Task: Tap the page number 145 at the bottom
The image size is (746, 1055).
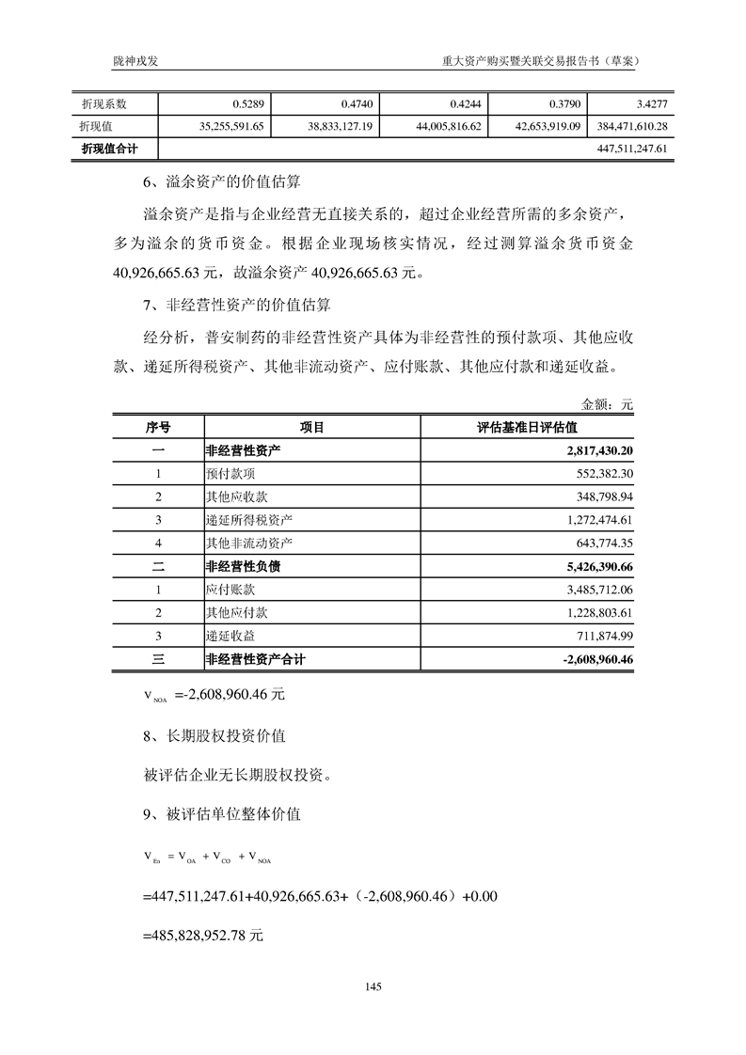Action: [x=373, y=986]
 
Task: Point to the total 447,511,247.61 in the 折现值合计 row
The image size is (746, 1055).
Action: [x=632, y=149]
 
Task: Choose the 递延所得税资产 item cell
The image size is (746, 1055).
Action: [x=248, y=520]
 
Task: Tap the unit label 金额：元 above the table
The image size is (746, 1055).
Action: [x=608, y=404]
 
